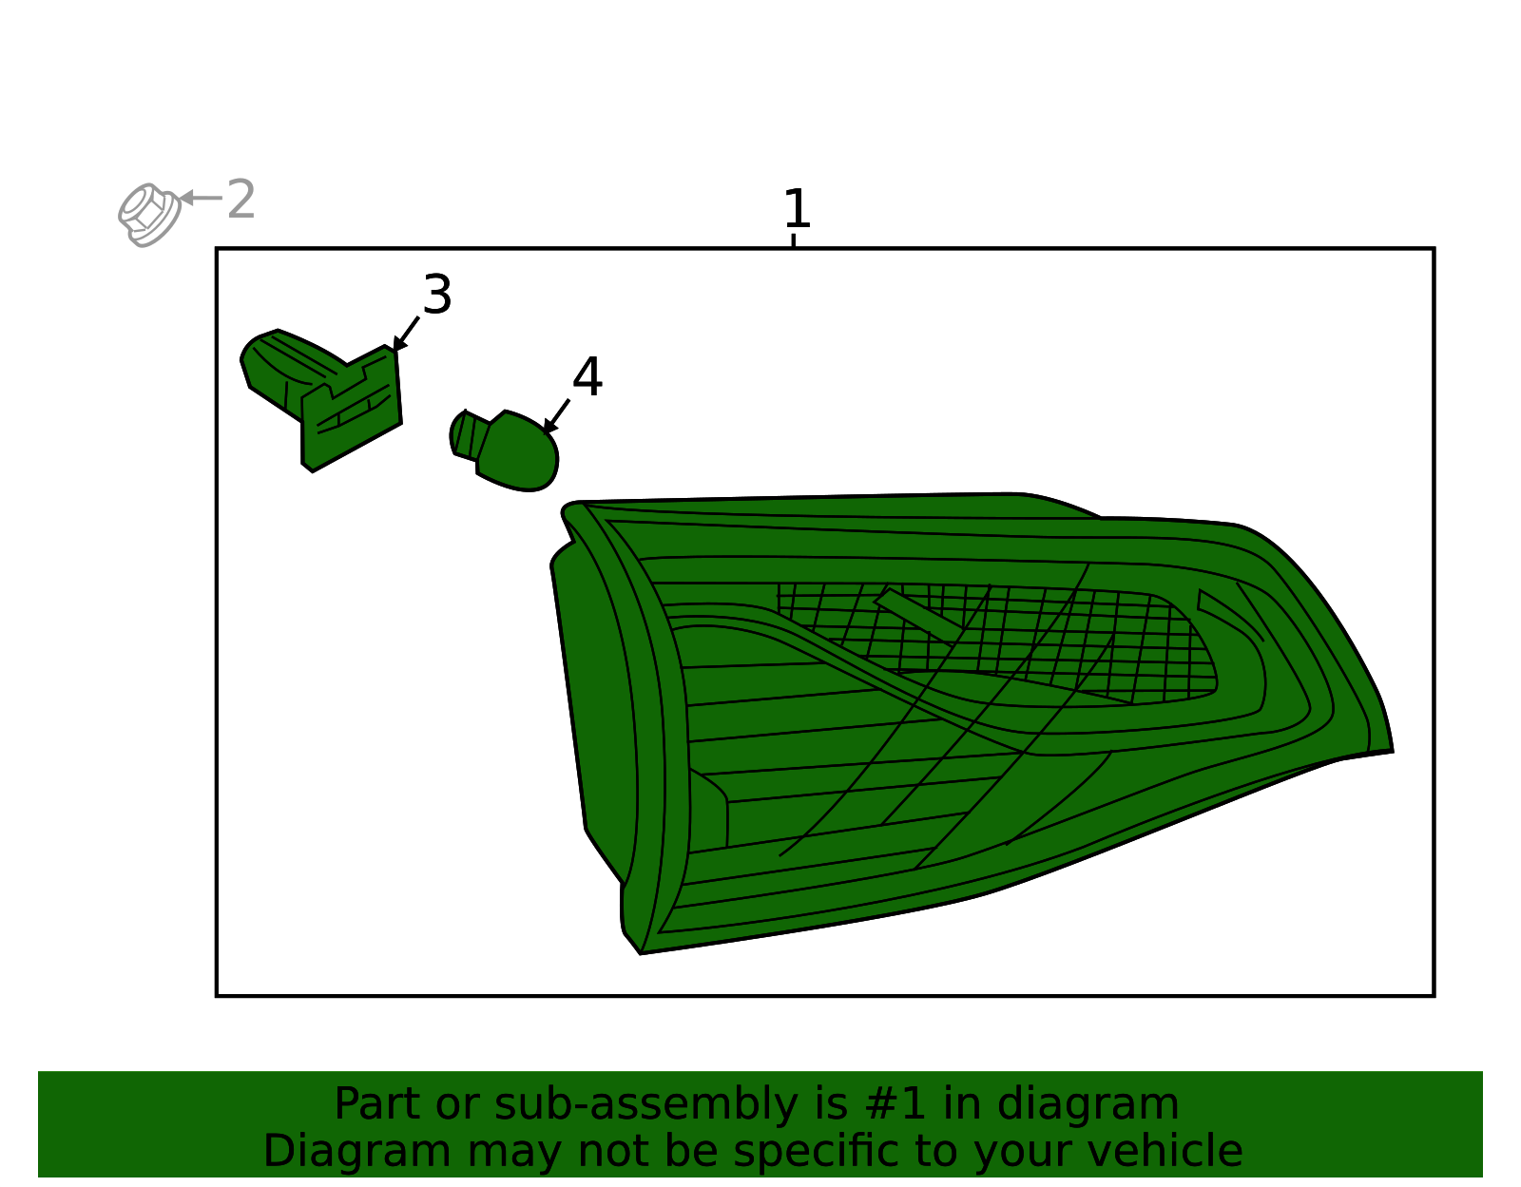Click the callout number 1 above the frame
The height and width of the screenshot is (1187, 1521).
point(798,208)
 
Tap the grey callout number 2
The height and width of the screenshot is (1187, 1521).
point(241,199)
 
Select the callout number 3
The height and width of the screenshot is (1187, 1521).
point(437,295)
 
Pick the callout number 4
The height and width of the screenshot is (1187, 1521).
point(587,377)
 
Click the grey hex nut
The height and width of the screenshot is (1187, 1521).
point(149,215)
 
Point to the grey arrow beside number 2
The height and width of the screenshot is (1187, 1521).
point(201,198)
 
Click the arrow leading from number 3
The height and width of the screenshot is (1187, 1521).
point(406,335)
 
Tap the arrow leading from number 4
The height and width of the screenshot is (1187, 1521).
point(556,417)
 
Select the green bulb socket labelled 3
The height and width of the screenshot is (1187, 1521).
point(321,399)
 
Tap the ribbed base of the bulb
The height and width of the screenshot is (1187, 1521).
point(467,435)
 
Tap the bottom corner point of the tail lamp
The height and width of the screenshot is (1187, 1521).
point(640,953)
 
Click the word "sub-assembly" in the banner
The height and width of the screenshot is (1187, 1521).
point(645,1104)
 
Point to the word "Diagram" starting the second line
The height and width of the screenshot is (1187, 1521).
point(356,1151)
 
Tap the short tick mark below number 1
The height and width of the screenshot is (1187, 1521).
point(793,239)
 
